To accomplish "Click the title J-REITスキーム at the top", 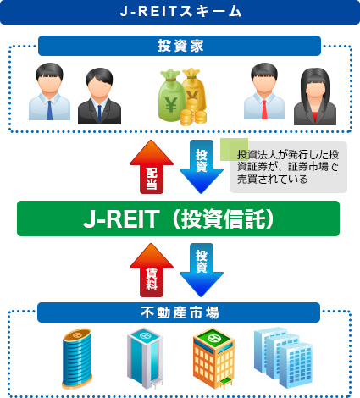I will coord(179,12).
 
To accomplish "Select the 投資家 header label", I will coord(179,45).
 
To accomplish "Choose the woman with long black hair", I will coord(314,97).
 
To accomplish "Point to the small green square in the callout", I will coord(234,149).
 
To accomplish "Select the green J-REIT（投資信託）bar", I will coord(179,218).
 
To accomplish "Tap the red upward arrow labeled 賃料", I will coord(151,270).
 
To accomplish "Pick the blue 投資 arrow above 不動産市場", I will coord(202,270).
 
